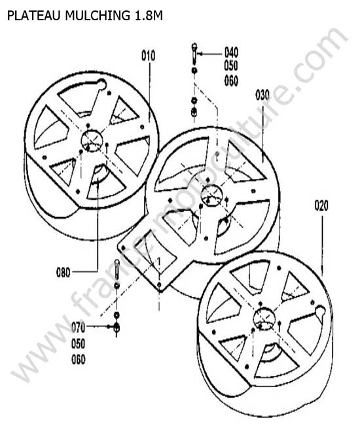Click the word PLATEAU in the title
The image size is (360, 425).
(x=33, y=16)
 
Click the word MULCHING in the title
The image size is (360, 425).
(x=98, y=16)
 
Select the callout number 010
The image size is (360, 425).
(x=149, y=56)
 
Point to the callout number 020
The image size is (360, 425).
(x=321, y=205)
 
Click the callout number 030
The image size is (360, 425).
(x=262, y=95)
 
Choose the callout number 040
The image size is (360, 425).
(x=231, y=52)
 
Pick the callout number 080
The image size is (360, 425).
(x=63, y=273)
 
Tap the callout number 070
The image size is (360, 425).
(x=78, y=328)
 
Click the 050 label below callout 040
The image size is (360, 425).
(x=231, y=65)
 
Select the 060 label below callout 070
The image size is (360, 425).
(x=78, y=360)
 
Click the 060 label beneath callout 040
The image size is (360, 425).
(x=231, y=81)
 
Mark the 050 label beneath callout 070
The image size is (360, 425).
(x=78, y=344)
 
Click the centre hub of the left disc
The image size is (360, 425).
(x=92, y=141)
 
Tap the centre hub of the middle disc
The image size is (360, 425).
(x=211, y=195)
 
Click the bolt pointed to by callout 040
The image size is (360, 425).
(x=194, y=52)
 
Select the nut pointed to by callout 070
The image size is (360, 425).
(x=117, y=327)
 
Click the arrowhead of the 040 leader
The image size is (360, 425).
(x=200, y=54)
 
